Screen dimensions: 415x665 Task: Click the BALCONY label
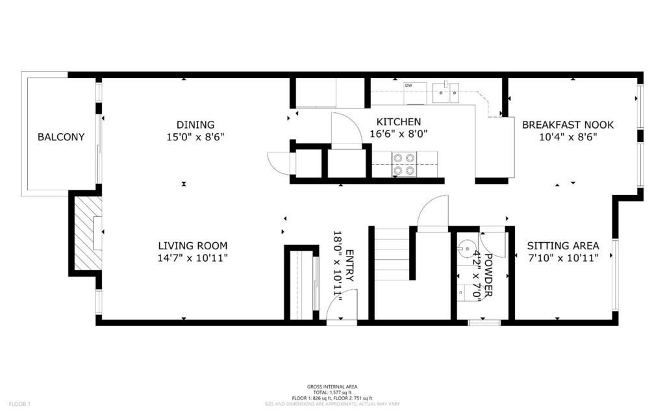(x=61, y=137)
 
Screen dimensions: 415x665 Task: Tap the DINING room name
(x=195, y=125)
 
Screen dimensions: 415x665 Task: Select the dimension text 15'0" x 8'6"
(x=195, y=137)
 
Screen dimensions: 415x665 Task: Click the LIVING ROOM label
(x=193, y=245)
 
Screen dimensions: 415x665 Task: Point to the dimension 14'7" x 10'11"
(x=193, y=258)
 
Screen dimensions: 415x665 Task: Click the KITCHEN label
(x=399, y=121)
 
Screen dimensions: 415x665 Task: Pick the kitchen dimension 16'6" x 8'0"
(x=399, y=134)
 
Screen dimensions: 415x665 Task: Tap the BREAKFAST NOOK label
(x=568, y=125)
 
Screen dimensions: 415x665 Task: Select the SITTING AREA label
(x=562, y=245)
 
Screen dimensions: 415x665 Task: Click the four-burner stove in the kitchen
(x=403, y=164)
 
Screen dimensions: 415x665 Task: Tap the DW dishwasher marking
(x=408, y=86)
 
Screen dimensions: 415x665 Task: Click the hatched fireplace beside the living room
(x=87, y=233)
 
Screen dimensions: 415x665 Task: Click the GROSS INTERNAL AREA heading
(x=332, y=386)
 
